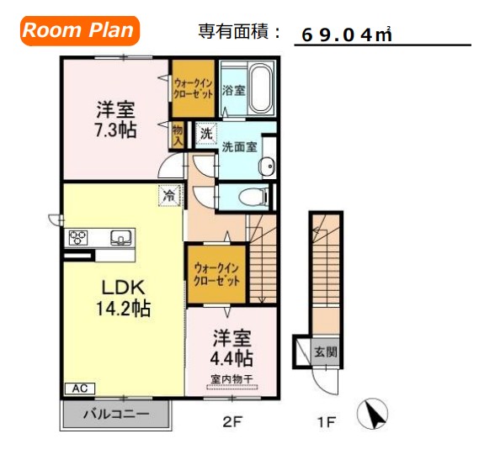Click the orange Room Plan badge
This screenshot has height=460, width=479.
tap(78, 31)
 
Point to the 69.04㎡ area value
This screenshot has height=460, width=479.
tap(346, 35)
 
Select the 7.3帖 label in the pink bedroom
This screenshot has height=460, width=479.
tap(116, 130)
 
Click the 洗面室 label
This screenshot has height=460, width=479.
tap(239, 147)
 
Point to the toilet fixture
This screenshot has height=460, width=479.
tap(253, 198)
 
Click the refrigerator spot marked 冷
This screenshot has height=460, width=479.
tap(169, 195)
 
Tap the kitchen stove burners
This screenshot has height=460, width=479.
tap(79, 238)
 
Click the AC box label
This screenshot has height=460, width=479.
tap(80, 389)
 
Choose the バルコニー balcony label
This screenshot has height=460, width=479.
tap(116, 414)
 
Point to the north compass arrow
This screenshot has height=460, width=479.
tap(373, 415)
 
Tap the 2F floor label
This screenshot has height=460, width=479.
tap(232, 421)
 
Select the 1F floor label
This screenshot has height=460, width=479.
tap(325, 421)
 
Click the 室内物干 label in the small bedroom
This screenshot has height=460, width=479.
tap(231, 379)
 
